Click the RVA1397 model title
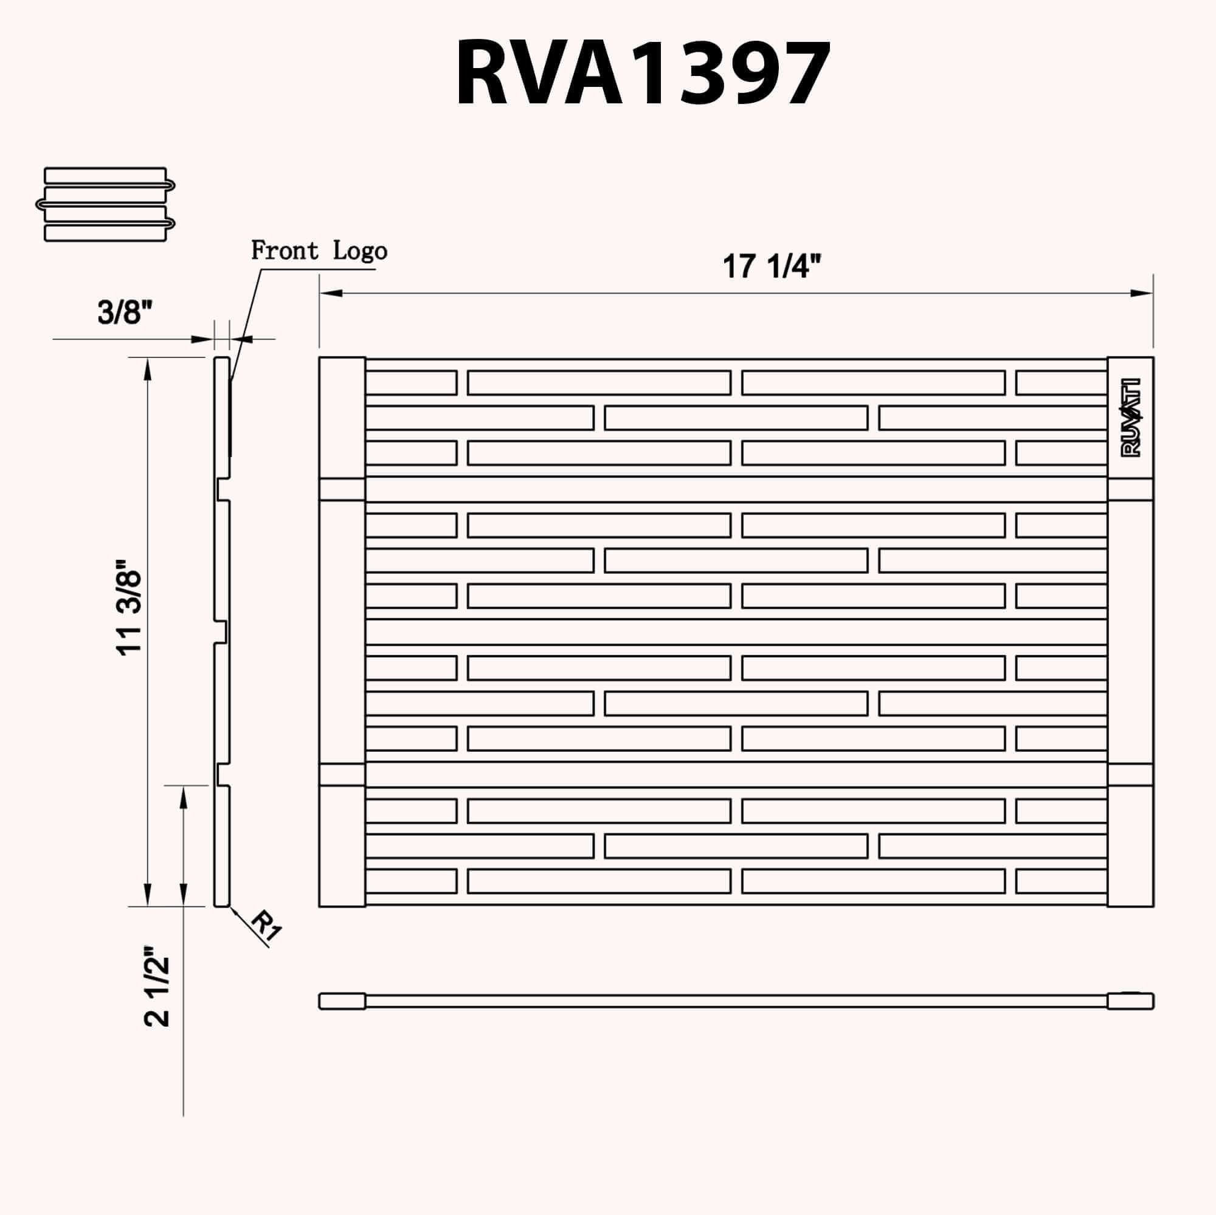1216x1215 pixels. click(x=642, y=74)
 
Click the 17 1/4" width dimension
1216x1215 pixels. click(x=772, y=266)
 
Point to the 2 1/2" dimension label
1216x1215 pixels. click(x=157, y=995)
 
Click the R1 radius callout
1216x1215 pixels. click(x=267, y=927)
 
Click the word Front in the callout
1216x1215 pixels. click(x=285, y=250)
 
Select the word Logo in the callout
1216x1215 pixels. click(x=360, y=251)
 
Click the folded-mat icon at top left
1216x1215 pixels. click(x=105, y=204)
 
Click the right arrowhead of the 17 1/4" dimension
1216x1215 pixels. click(x=1141, y=293)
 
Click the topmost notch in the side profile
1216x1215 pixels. click(x=223, y=489)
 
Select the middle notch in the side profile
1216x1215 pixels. click(x=221, y=631)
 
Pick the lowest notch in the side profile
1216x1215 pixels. click(x=223, y=774)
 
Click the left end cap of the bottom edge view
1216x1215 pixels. click(x=342, y=1001)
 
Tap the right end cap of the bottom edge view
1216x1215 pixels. click(x=1130, y=1001)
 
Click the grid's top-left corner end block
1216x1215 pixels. click(x=342, y=418)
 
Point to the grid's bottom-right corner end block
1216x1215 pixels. click(x=1130, y=845)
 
